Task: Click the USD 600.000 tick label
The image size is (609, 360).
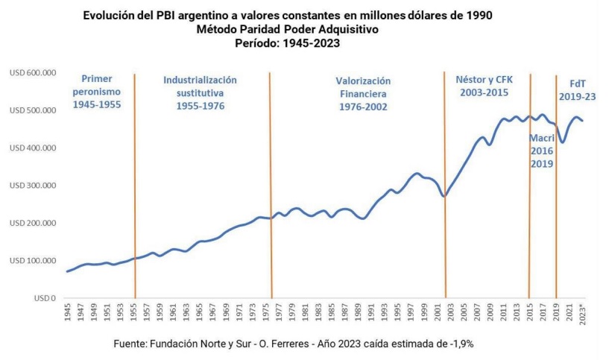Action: pyautogui.click(x=32, y=73)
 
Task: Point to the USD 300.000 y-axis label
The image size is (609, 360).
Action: pyautogui.click(x=32, y=186)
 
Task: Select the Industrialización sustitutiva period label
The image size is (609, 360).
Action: pyautogui.click(x=200, y=92)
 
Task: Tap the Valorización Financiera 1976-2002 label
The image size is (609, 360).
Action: pyautogui.click(x=363, y=94)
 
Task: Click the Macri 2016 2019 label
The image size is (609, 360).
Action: pyautogui.click(x=541, y=151)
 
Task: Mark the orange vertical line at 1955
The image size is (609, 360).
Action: pyautogui.click(x=135, y=186)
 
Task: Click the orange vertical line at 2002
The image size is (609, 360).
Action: pyautogui.click(x=445, y=186)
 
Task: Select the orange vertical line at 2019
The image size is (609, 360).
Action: pyautogui.click(x=556, y=186)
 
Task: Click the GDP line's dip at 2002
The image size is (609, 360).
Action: pyautogui.click(x=444, y=196)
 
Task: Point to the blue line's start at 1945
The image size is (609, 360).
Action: pyautogui.click(x=67, y=271)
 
